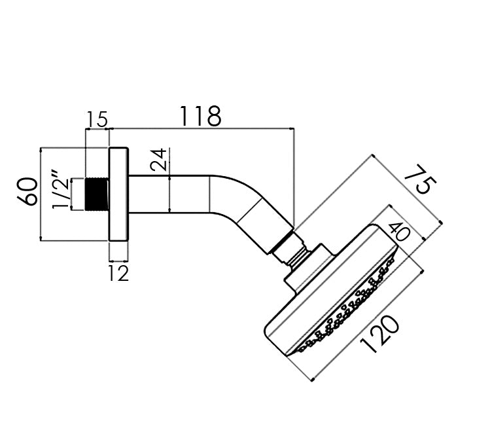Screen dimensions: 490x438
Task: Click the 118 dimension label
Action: tap(201, 116)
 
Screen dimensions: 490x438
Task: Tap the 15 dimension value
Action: tap(97, 119)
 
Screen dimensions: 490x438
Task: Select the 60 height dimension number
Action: tap(28, 191)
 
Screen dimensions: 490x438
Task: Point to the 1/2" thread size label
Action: tap(60, 190)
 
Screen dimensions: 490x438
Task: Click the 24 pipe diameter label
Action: tap(158, 160)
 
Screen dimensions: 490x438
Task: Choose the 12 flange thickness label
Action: tap(118, 273)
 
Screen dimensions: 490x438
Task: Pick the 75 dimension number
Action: tap(420, 180)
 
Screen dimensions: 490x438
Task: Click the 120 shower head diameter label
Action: tap(379, 335)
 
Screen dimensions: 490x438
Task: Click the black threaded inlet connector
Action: tap(97, 194)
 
